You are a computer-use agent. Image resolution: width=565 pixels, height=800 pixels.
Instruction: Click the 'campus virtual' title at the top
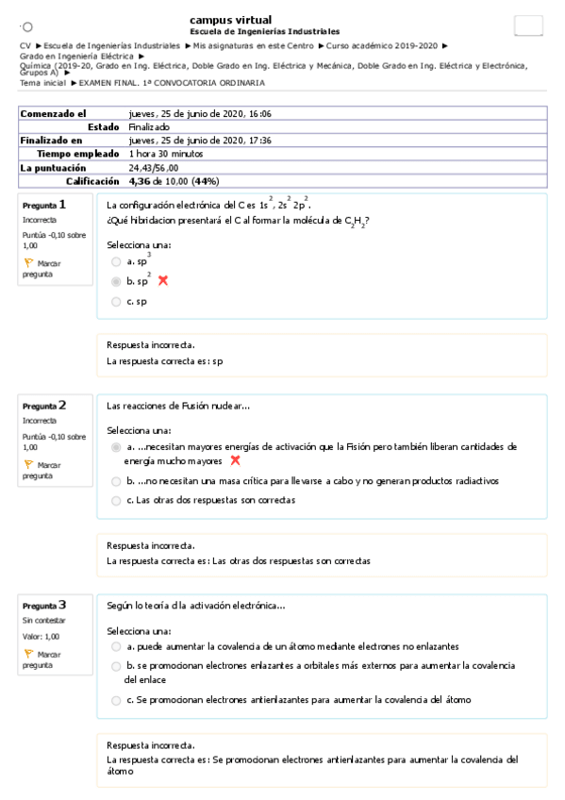click(230, 20)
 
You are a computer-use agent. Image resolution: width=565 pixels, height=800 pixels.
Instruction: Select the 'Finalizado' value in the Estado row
click(149, 126)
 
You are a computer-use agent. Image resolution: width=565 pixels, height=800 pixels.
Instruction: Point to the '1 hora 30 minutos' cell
click(166, 153)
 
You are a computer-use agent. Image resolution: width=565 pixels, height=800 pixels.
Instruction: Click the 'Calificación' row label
click(92, 180)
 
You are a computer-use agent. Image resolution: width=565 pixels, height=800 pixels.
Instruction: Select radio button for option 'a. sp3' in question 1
click(116, 262)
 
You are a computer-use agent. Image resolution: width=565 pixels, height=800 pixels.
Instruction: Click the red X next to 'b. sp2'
click(163, 281)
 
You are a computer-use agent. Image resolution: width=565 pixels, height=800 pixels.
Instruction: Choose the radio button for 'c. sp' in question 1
click(116, 302)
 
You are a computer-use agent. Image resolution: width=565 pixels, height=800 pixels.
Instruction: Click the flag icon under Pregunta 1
click(28, 262)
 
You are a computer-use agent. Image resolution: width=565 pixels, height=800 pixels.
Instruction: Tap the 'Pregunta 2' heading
click(44, 406)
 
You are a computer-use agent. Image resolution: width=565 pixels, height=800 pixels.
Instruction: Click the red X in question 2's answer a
click(235, 460)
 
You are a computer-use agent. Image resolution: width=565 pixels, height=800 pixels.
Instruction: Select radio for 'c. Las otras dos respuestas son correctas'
click(116, 500)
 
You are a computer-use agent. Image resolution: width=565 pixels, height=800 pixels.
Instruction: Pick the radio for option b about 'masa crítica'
click(116, 481)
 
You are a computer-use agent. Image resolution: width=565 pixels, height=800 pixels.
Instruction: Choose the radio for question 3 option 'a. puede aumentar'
click(116, 646)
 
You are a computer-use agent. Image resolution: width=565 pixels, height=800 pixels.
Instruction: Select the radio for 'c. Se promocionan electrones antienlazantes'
click(116, 700)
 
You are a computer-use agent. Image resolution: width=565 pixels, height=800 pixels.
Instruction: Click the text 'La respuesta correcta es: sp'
click(165, 360)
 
